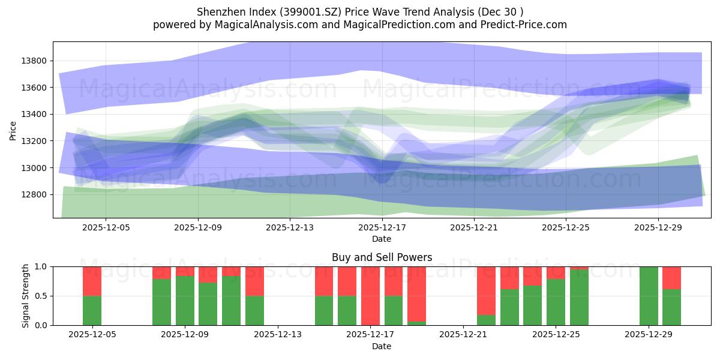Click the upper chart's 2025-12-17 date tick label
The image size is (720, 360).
(x=382, y=227)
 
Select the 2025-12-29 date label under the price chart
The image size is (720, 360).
(x=658, y=227)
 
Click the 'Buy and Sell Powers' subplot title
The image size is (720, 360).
(x=382, y=257)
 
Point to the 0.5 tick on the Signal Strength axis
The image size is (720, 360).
(x=42, y=296)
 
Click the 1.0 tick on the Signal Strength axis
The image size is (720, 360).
(x=42, y=266)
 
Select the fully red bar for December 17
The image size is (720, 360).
(x=370, y=296)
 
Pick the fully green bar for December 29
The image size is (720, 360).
(x=649, y=296)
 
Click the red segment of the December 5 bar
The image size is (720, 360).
(x=92, y=281)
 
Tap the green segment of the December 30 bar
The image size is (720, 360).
(x=671, y=307)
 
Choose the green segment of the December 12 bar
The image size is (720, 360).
(x=254, y=310)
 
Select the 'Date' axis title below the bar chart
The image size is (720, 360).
(x=382, y=346)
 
